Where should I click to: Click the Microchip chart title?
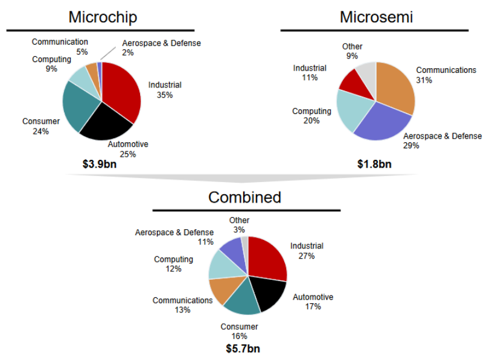point(103,17)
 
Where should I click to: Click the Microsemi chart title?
point(376,17)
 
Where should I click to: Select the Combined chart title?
point(245,197)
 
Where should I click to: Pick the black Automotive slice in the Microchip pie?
point(106,124)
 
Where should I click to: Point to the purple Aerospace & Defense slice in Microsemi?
point(380,124)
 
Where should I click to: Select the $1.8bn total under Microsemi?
point(374,163)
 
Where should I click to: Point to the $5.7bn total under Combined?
point(243,349)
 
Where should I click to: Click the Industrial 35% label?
point(165,90)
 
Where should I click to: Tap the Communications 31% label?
point(446,75)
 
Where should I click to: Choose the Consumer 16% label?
point(239,332)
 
